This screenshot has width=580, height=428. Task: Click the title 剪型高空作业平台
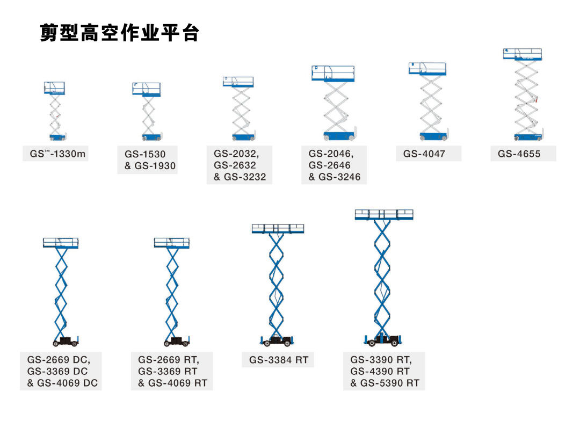[x=119, y=33]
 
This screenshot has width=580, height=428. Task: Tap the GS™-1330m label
[x=57, y=154]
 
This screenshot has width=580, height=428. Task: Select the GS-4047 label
[x=424, y=154]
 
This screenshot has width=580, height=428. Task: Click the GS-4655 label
[x=519, y=154]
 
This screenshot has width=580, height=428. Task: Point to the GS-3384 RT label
[x=279, y=360]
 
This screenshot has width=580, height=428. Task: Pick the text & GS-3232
[x=240, y=177]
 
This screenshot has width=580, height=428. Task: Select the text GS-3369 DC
[x=57, y=372]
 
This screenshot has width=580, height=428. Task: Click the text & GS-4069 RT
[x=172, y=383]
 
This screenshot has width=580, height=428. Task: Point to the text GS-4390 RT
[x=380, y=372]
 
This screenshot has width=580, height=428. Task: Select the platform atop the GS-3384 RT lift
[x=278, y=229]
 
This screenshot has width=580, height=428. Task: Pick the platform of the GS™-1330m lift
[x=54, y=88]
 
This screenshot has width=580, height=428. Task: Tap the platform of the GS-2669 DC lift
[x=61, y=243]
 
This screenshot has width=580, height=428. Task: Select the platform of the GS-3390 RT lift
[x=384, y=215]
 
